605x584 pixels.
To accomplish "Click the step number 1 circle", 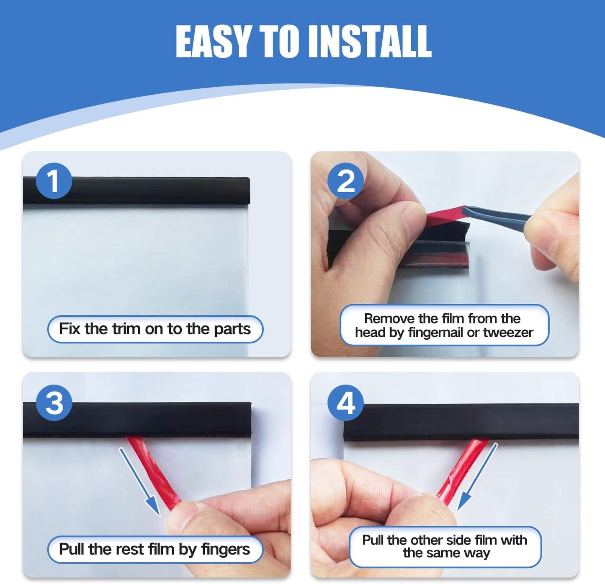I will pyautogui.click(x=54, y=181).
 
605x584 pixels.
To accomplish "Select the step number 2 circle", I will pyautogui.click(x=345, y=181).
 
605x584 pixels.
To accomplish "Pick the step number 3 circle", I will pyautogui.click(x=54, y=403).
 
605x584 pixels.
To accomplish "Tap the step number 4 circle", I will pyautogui.click(x=345, y=403).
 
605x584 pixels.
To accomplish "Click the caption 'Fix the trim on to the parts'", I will pyautogui.click(x=155, y=329).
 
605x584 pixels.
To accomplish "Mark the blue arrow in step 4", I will pyautogui.click(x=477, y=478).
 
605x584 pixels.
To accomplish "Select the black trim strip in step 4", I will pyautogui.click(x=461, y=421).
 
